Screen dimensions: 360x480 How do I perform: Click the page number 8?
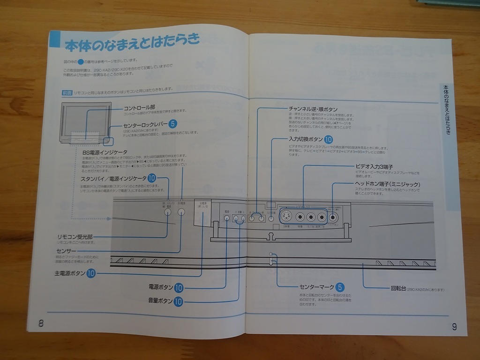(x=41, y=323)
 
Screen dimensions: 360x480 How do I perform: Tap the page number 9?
(x=454, y=327)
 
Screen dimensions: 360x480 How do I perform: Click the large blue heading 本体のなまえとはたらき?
(x=132, y=45)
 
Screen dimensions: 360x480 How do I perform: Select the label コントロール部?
(x=139, y=107)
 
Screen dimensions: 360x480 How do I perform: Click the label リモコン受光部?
(x=75, y=237)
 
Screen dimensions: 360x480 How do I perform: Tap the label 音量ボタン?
(x=161, y=301)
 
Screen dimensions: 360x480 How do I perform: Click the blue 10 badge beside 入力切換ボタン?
(x=328, y=139)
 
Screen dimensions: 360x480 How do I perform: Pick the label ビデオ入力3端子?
(x=375, y=166)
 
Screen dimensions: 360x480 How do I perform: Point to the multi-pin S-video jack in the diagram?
(x=285, y=217)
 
